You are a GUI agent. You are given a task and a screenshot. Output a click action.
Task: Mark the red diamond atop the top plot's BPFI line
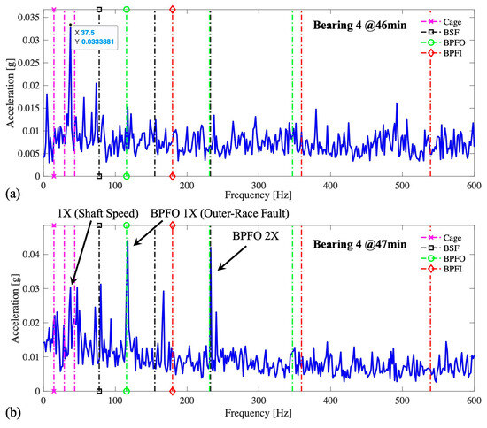click(172, 10)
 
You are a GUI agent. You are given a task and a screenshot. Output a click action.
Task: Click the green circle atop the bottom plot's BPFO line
click(127, 226)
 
